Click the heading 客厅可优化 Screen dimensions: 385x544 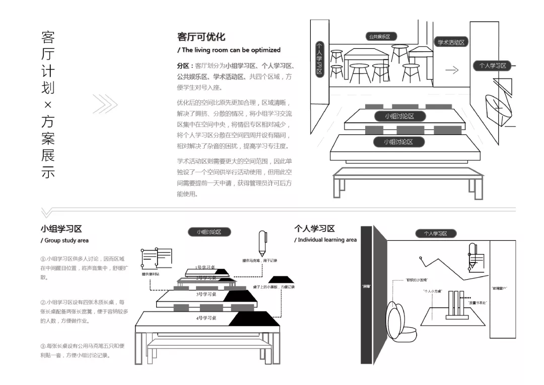coord(201,37)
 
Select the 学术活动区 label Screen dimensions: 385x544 coord(451,42)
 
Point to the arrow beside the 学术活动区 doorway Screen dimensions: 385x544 coord(452,71)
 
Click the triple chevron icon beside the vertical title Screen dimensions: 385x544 coord(105,104)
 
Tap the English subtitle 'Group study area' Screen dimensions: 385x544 coord(64,240)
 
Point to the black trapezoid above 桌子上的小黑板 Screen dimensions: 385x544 coord(281,279)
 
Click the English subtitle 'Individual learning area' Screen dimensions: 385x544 coord(325,240)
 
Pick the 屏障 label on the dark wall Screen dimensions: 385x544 coord(366,286)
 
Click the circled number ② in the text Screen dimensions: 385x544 coord(43,302)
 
